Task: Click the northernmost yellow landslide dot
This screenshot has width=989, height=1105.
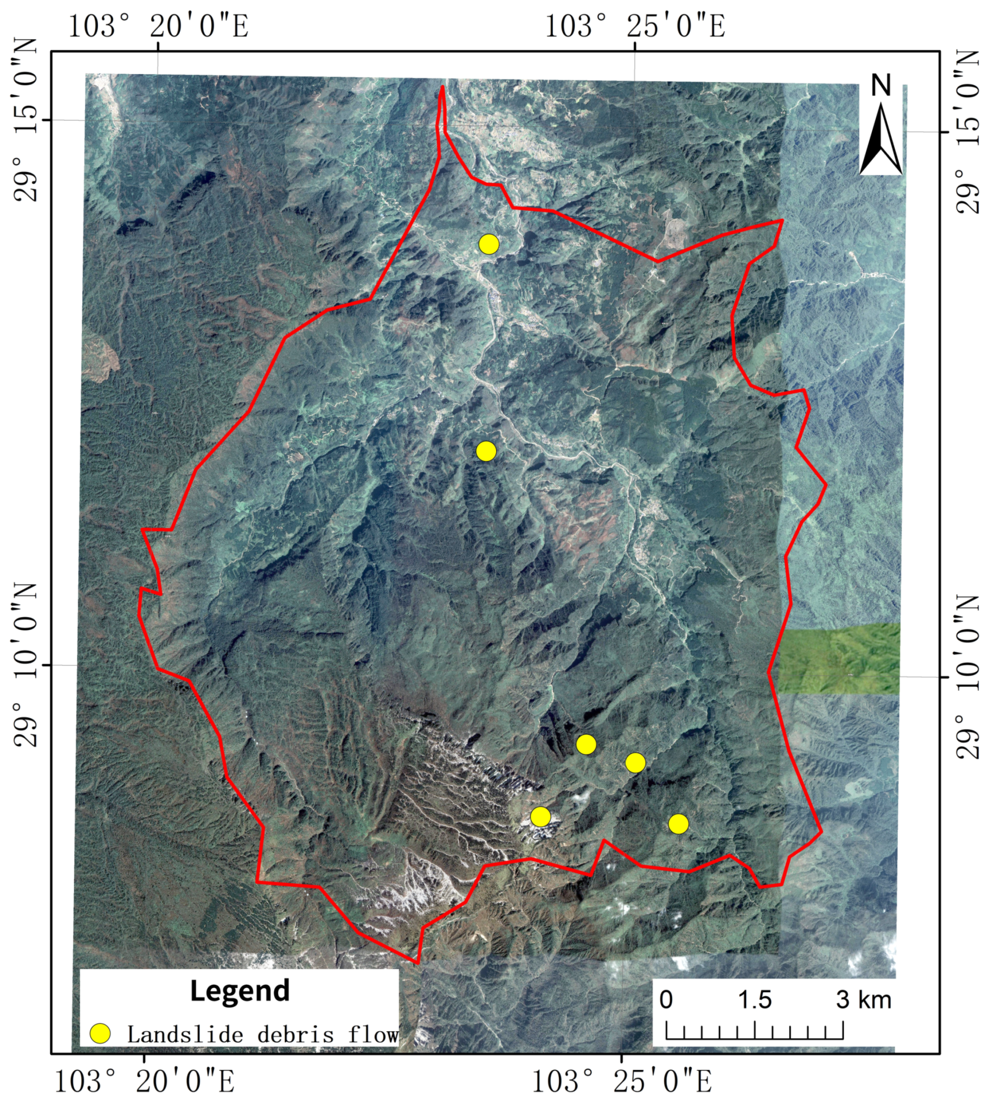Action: coord(489,244)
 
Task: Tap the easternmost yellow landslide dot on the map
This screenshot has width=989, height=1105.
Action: coord(678,824)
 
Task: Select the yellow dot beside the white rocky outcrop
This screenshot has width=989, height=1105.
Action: coord(540,816)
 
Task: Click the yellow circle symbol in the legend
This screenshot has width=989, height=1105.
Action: coord(101,1034)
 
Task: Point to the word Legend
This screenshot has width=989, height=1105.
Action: coord(239,990)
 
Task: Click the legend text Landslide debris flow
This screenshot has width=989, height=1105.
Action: coord(263,1034)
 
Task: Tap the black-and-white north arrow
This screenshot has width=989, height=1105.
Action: coord(881,139)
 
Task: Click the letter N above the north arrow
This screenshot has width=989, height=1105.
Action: coord(881,86)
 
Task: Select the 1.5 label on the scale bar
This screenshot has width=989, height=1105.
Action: coord(755,1000)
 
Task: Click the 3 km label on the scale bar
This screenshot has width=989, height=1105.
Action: coord(864,1000)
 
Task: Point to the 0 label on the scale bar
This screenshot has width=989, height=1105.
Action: coord(666,1000)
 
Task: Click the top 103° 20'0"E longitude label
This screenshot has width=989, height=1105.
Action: coord(158,26)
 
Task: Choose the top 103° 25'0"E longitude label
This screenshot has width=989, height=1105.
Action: coord(635,26)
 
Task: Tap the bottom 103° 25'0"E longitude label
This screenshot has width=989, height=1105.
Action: coord(621,1082)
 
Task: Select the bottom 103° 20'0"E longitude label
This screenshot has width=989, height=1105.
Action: coord(144,1082)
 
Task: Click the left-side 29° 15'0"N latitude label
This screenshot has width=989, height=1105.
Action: coord(25,120)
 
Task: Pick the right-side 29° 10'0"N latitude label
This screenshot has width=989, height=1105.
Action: coord(968,677)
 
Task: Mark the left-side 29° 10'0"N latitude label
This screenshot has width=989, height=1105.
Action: coord(25,664)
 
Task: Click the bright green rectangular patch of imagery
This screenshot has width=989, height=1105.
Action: coord(839,658)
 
